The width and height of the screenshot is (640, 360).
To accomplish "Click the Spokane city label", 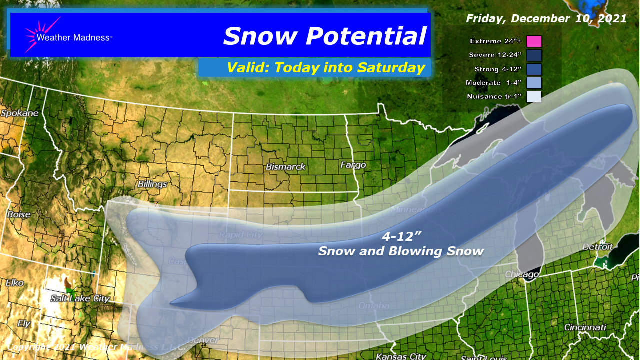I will [x=19, y=113].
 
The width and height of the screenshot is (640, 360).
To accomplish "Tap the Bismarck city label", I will [x=285, y=166].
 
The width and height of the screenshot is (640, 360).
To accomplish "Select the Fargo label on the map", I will [x=353, y=164].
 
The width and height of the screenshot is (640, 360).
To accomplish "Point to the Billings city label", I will [x=152, y=184].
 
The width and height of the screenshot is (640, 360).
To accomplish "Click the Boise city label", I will [x=19, y=214].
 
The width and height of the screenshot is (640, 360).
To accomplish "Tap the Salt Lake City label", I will [x=80, y=298].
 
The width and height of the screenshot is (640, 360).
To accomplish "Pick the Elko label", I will [x=15, y=283].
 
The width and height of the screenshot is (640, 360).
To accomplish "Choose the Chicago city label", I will [x=521, y=274].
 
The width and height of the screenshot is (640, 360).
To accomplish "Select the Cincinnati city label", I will [x=585, y=327].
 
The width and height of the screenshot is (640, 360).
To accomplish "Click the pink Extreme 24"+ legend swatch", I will [x=534, y=41].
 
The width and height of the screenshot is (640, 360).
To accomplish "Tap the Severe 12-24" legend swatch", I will [x=534, y=55].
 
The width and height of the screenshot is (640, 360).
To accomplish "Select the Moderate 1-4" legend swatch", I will [x=534, y=83].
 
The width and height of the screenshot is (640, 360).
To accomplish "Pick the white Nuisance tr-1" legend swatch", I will [x=534, y=97].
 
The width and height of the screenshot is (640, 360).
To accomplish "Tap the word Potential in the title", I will [x=366, y=36].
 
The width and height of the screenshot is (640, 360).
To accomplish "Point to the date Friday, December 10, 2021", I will [x=546, y=19].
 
